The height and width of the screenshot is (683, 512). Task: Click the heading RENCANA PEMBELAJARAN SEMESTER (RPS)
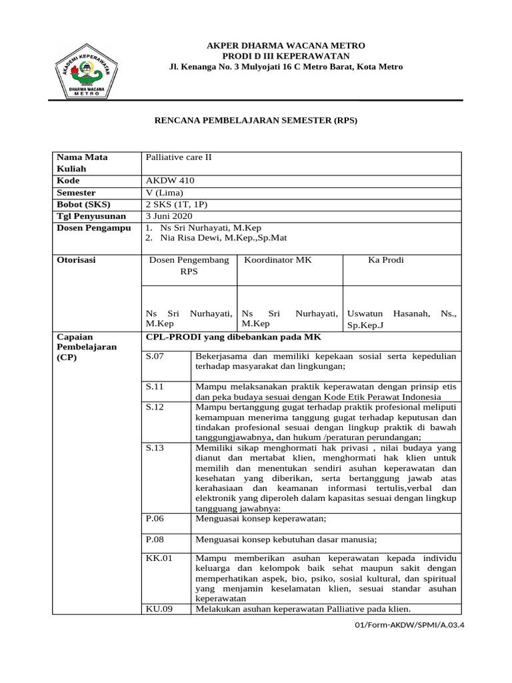pos(256,121)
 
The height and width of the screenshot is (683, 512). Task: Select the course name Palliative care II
pos(178,158)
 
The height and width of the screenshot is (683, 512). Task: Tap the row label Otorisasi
pos(77,260)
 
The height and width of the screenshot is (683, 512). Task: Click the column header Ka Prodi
pos(386,260)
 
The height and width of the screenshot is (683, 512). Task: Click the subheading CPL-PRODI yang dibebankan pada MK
pos(234,337)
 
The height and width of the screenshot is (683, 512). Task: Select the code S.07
pos(155,357)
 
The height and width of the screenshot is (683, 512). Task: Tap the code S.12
pos(155,407)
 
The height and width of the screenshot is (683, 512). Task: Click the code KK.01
pos(159,558)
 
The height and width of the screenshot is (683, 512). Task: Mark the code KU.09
pos(159,609)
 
